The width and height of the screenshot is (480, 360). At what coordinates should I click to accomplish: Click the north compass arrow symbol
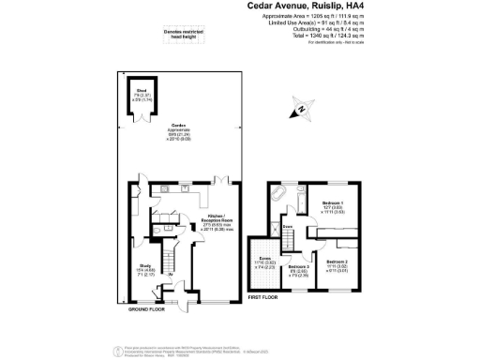tap(300, 112)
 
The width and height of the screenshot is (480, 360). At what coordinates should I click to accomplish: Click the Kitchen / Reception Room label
tap(224, 222)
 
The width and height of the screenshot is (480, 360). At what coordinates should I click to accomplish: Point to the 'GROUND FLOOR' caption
tap(146, 308)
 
